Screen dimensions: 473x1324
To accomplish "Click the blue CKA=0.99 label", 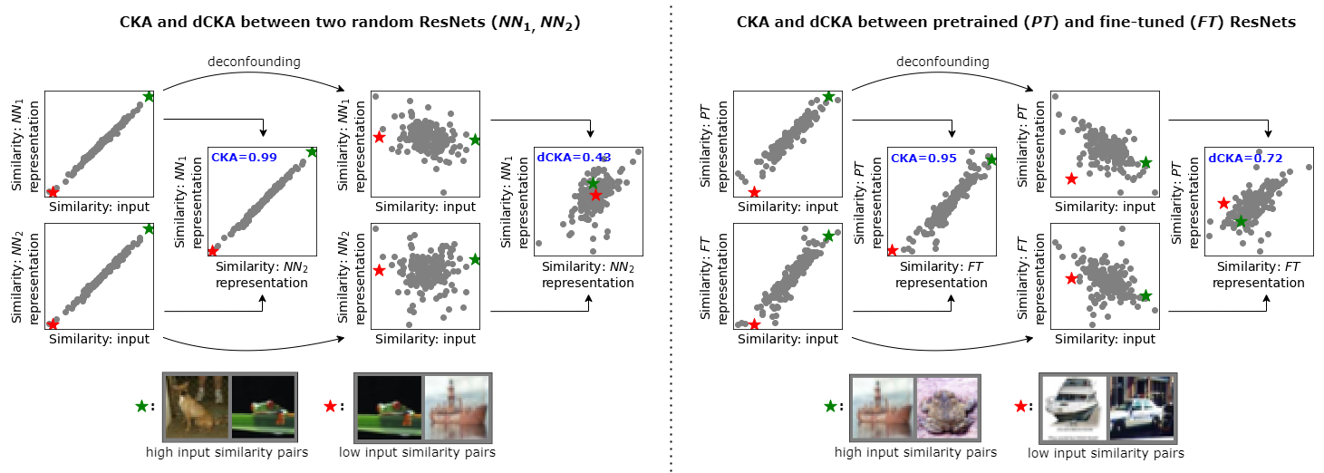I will (x=245, y=158).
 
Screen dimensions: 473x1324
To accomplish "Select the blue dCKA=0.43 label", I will (x=575, y=158).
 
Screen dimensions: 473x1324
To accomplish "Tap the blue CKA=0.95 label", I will (x=922, y=158).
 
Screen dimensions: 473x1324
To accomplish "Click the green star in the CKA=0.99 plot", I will (x=312, y=152).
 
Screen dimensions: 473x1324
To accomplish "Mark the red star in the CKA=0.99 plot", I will (x=213, y=251).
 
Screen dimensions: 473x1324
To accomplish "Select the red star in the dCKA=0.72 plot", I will (x=1223, y=203).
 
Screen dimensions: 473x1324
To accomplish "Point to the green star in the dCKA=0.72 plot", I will (x=1240, y=221).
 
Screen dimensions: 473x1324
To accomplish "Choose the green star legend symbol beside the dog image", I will (x=141, y=407).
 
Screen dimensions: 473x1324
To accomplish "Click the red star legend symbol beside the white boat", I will (x=1020, y=407).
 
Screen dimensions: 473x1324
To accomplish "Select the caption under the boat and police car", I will (x=1107, y=453).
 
